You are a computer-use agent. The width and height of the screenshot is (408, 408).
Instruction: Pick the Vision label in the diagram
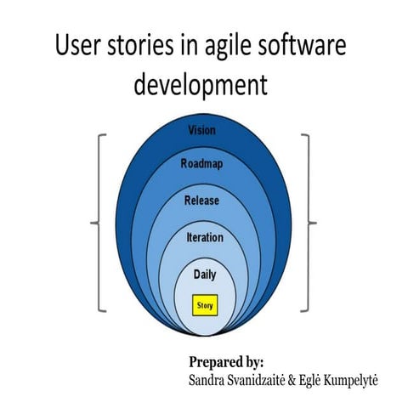pyautogui.click(x=201, y=131)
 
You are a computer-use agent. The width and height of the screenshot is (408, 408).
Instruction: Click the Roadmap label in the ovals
pyautogui.click(x=201, y=163)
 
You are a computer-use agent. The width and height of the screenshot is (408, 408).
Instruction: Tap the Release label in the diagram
pyautogui.click(x=201, y=201)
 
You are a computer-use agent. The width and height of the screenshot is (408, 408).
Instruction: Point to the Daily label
pyautogui.click(x=204, y=275)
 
